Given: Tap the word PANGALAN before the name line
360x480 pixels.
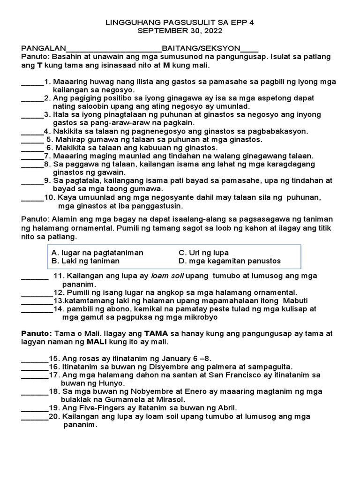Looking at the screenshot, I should (43, 48).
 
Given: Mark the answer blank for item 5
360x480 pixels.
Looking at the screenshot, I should (32, 140).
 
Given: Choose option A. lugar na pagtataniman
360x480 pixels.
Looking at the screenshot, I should (97, 253).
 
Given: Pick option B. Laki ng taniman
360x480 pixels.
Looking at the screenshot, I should (85, 261).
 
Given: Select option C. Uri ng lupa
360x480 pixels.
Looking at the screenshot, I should (203, 253).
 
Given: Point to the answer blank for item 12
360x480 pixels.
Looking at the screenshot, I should (37, 292).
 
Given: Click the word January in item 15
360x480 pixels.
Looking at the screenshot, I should (164, 358).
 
